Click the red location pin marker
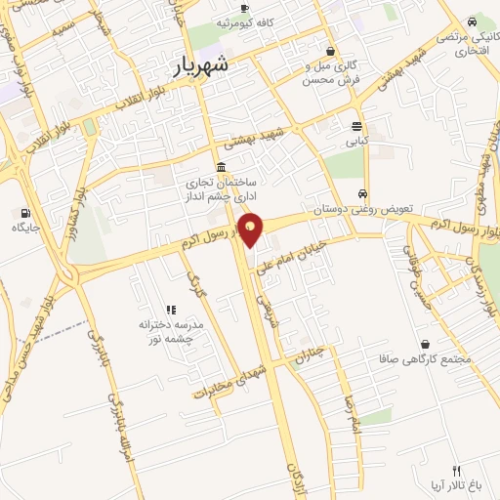[251, 229]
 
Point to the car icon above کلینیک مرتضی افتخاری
[473, 21]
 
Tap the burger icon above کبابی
[356, 125]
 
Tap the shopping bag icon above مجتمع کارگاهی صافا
[427, 344]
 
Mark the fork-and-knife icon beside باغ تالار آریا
[456, 471]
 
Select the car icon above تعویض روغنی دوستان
[363, 193]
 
